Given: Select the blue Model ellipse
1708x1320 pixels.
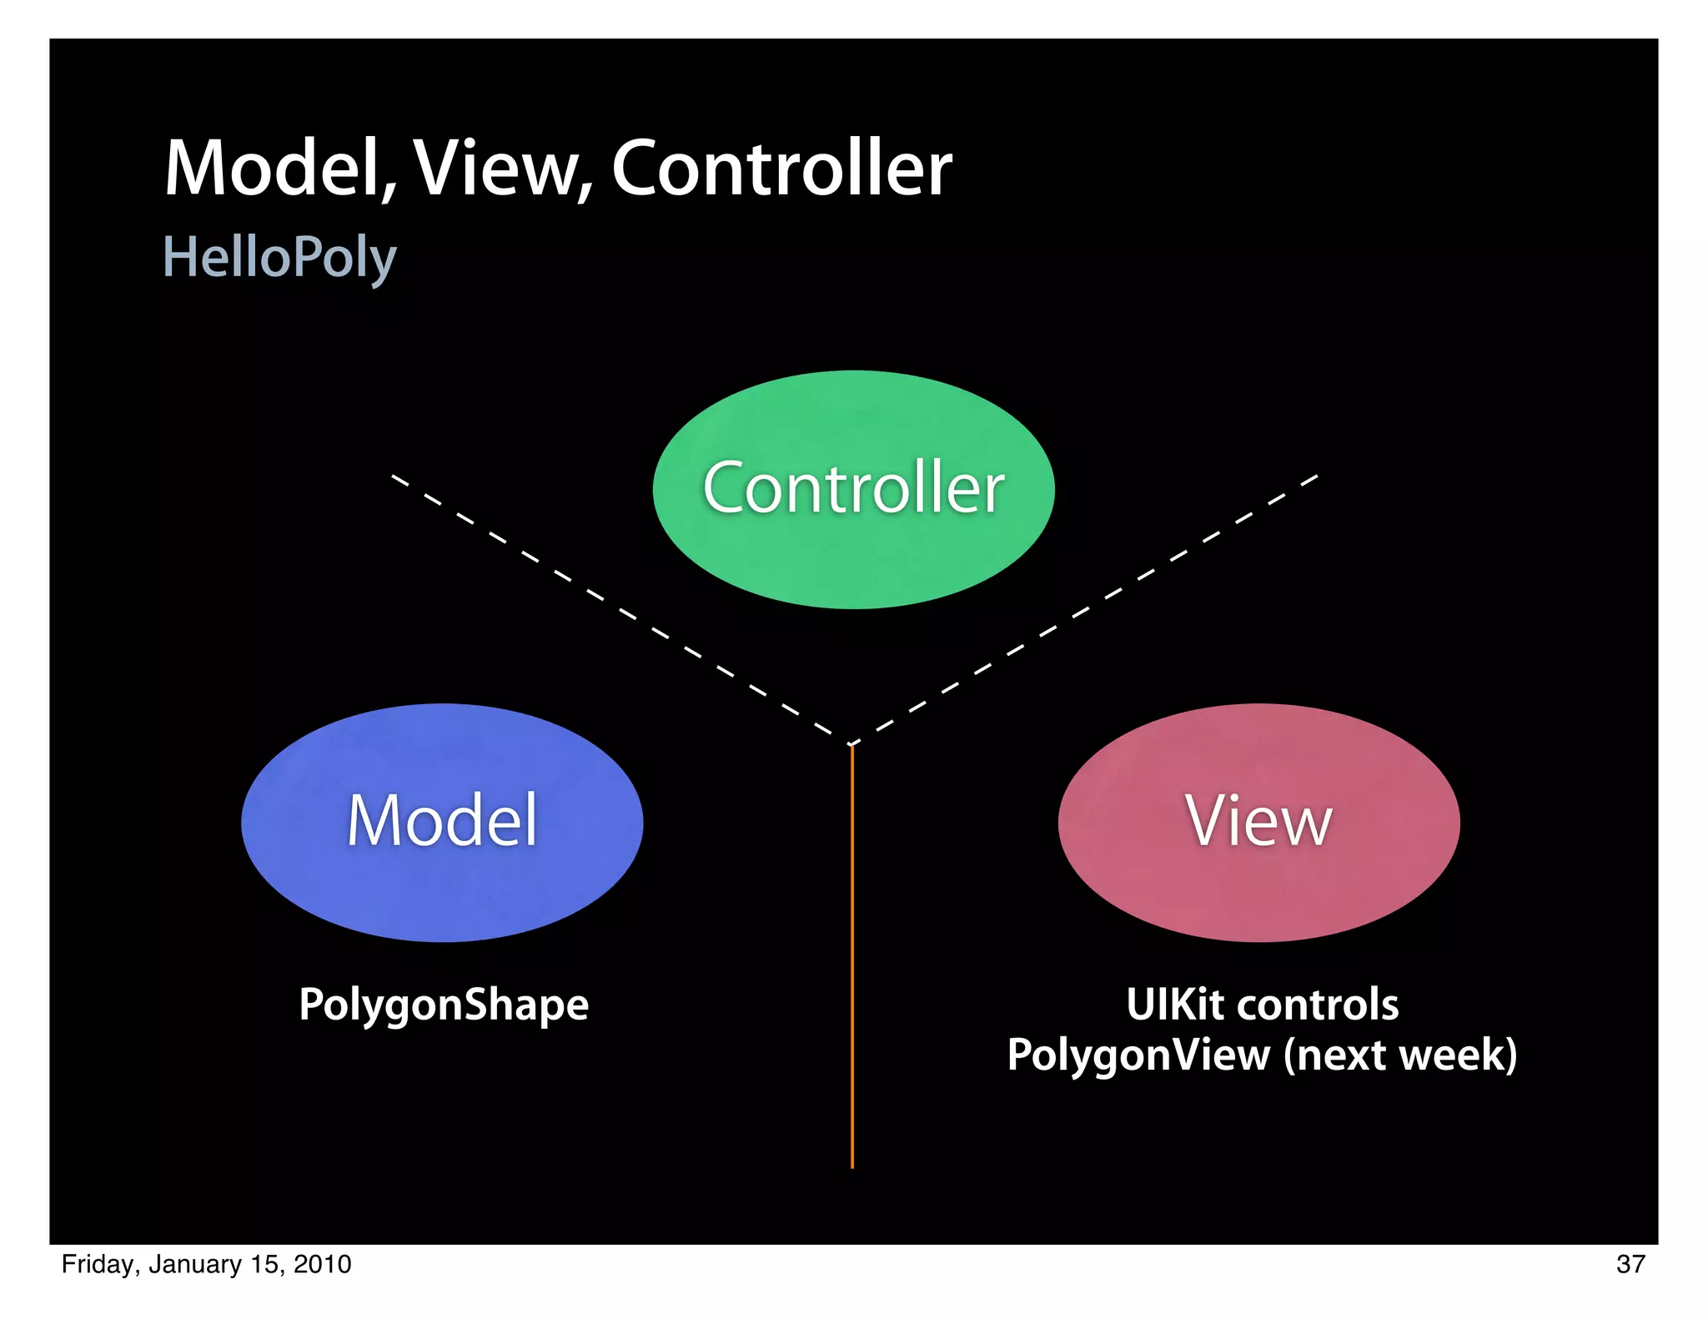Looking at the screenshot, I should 442,884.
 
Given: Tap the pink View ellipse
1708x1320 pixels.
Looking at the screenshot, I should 1258,884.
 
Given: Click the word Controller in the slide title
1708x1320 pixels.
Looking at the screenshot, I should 781,169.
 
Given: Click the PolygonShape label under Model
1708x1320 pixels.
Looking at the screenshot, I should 444,1005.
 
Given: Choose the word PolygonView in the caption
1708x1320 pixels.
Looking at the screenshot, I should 1139,1055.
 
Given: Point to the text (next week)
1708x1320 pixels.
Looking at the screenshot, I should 1400,1055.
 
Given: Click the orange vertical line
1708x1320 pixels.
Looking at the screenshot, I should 851,960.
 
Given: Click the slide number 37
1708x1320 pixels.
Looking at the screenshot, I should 1630,1264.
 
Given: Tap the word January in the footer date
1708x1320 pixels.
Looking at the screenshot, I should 195,1265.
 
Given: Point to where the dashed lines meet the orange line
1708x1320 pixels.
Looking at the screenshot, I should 851,743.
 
